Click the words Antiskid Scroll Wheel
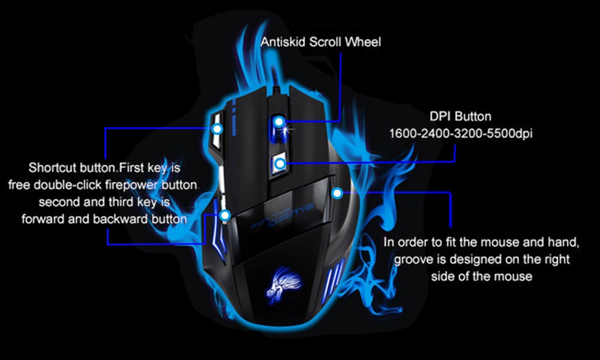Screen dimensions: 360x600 (320, 42)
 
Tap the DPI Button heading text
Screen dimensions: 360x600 (460, 116)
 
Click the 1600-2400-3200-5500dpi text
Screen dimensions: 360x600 (460, 133)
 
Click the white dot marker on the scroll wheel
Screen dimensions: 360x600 (279, 122)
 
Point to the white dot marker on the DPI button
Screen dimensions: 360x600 (280, 163)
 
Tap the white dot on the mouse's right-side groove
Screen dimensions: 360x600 (337, 193)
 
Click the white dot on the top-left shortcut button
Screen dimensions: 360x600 (217, 128)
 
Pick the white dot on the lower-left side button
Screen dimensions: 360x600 (226, 215)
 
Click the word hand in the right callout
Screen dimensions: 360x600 (563, 243)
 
